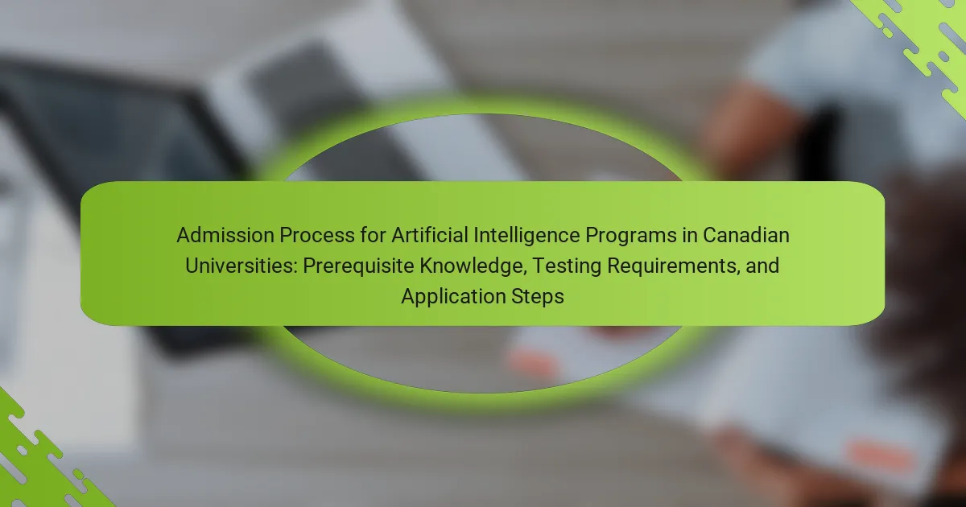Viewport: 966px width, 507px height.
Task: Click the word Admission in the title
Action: pos(225,235)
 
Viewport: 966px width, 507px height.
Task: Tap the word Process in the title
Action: pos(317,235)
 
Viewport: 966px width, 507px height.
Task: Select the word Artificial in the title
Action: pos(430,235)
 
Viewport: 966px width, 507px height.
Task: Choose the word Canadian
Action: pos(746,235)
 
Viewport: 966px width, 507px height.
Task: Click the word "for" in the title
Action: pos(373,235)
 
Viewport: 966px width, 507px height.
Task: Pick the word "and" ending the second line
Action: pos(762,266)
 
